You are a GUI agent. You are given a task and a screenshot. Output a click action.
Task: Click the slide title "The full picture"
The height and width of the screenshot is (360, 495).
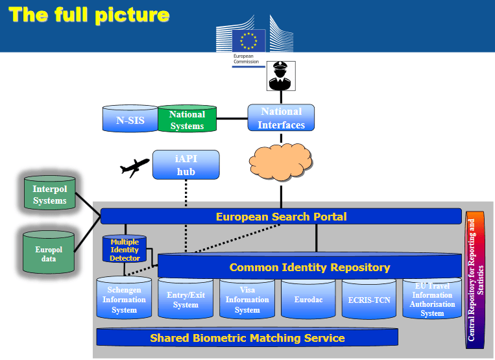(x=90, y=15)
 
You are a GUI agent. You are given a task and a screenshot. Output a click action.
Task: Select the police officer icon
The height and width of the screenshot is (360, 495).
(x=281, y=76)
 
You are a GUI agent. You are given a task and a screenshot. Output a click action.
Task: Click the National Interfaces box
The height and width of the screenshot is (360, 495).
(x=281, y=118)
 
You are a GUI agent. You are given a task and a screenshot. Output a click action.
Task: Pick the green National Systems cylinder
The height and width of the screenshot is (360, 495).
(x=187, y=119)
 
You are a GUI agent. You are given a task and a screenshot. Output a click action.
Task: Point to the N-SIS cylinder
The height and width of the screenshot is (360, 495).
(x=130, y=119)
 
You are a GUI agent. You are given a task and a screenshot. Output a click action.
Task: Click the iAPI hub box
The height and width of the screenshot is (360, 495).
(x=186, y=165)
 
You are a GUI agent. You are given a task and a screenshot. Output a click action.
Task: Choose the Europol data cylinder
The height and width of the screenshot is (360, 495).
(x=50, y=254)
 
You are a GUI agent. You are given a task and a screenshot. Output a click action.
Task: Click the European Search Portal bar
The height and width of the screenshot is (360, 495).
(x=281, y=217)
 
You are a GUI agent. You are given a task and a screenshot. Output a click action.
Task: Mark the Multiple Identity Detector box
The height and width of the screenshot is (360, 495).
(x=125, y=250)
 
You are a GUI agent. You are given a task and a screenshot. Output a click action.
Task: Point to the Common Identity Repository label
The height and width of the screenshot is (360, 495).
(x=309, y=267)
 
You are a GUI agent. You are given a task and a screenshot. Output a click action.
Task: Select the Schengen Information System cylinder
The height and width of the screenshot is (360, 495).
(x=124, y=300)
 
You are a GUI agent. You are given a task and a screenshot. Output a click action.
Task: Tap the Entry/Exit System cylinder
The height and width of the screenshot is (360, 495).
(x=186, y=300)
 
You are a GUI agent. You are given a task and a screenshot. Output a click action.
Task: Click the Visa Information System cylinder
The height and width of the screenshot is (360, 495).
(x=247, y=300)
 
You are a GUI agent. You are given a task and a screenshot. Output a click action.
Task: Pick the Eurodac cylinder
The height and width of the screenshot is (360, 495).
(x=309, y=300)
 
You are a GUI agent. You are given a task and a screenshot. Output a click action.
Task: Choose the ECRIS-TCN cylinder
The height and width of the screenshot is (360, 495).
(x=369, y=300)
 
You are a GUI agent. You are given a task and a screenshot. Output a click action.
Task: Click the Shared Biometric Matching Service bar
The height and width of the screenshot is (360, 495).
(x=247, y=338)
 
